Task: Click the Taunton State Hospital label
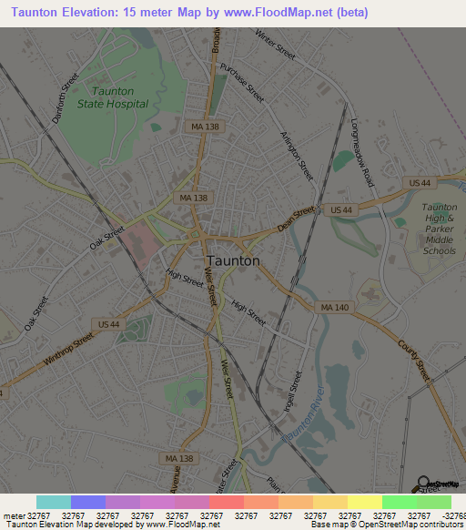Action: pyautogui.click(x=120, y=97)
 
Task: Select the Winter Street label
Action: pyautogui.click(x=276, y=45)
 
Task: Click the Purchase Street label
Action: pyautogui.click(x=242, y=83)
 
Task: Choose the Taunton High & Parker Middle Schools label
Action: pyautogui.click(x=439, y=229)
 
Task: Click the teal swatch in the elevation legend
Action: pyautogui.click(x=54, y=502)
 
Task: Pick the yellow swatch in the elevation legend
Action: pyautogui.click(x=364, y=502)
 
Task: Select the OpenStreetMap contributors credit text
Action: pyautogui.click(x=410, y=525)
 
